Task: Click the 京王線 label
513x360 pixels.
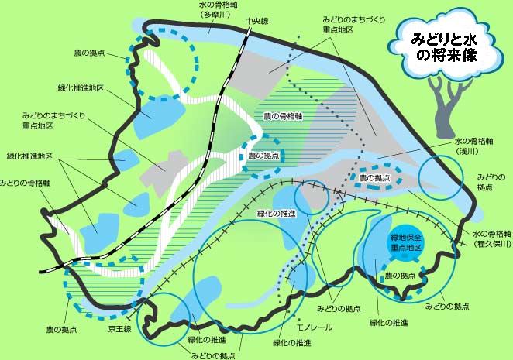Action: pos(120,329)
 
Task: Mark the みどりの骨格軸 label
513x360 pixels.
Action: pos(26,183)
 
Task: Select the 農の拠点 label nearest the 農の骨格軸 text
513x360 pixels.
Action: pos(263,156)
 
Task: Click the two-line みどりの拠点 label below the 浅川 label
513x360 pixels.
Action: pos(491,182)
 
